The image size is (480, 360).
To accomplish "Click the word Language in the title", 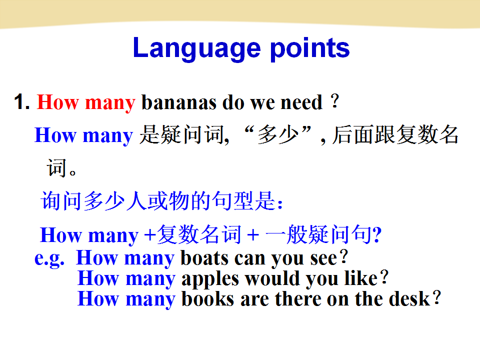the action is (197, 48).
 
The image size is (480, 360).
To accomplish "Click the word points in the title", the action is (310, 48).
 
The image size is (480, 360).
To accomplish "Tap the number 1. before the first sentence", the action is (21, 101).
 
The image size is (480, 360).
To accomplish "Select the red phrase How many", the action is (86, 102).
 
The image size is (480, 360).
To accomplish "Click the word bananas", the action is (179, 102).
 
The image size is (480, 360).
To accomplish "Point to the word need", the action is (301, 102).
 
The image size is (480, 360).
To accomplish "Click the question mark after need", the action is (335, 100).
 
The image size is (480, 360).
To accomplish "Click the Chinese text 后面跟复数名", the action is (395, 134).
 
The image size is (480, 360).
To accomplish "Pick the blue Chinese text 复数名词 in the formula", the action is (199, 234).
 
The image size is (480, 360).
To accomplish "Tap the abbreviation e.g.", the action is (49, 258).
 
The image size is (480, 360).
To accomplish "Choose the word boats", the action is (204, 258).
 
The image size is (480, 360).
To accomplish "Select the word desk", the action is (409, 299).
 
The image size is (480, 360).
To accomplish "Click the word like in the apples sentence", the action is (361, 278).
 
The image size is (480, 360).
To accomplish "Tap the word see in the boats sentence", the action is (323, 259).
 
